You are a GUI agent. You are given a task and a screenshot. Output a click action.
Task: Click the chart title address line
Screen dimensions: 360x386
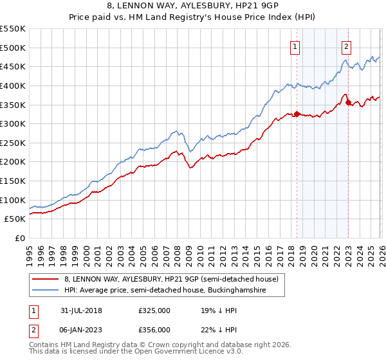pyautogui.click(x=193, y=6)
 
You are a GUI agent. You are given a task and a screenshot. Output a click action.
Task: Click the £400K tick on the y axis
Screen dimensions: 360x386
pyautogui.click(x=13, y=85)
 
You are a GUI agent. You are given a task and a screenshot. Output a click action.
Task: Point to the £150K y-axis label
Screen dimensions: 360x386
pyautogui.click(x=13, y=181)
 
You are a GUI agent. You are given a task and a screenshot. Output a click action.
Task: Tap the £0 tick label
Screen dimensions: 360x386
pyautogui.click(x=20, y=238)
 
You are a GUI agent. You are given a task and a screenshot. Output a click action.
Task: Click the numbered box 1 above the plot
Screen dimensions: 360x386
pyautogui.click(x=295, y=46)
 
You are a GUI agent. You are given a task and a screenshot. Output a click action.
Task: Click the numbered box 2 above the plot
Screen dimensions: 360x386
pyautogui.click(x=346, y=46)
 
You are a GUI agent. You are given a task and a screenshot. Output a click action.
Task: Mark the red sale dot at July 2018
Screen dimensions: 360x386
pyautogui.click(x=297, y=114)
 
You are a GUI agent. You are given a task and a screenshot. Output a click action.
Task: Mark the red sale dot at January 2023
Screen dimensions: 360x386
pyautogui.click(x=348, y=102)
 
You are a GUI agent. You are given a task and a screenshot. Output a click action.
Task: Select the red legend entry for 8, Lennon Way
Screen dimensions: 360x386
pyautogui.click(x=171, y=279)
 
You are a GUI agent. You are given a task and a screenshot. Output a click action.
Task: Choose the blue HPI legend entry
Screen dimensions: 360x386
pyautogui.click(x=174, y=291)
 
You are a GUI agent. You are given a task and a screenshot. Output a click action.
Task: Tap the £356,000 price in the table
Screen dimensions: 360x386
pyautogui.click(x=154, y=330)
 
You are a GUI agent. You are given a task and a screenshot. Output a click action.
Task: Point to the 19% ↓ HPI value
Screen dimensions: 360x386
pyautogui.click(x=219, y=309)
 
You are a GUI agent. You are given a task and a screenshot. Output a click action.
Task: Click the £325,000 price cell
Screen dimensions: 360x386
pyautogui.click(x=154, y=309)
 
